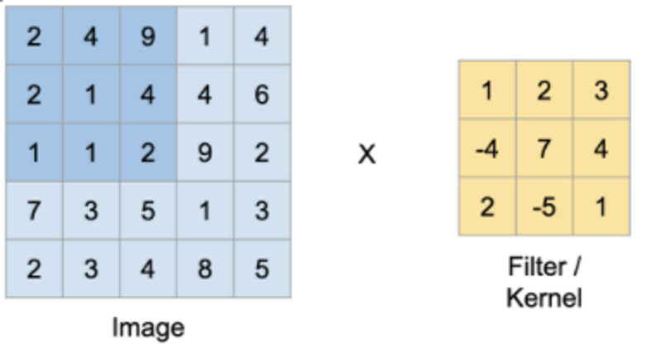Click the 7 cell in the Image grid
point(34,210)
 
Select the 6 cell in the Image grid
point(262,94)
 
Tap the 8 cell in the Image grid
point(205,268)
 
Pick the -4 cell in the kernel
point(487,148)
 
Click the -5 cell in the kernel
point(544,206)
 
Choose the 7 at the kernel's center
point(544,148)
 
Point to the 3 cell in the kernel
point(601,90)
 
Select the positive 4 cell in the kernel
point(601,148)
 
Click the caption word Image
point(148,329)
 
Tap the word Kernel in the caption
point(544,298)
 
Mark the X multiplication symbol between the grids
point(367,154)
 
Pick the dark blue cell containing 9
point(148,36)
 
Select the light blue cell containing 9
point(205,152)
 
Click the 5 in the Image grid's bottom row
point(262,268)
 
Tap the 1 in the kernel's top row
point(487,90)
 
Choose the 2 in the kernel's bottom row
point(487,206)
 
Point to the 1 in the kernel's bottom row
point(601,206)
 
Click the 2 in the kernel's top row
point(544,90)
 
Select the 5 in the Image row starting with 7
point(148,210)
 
